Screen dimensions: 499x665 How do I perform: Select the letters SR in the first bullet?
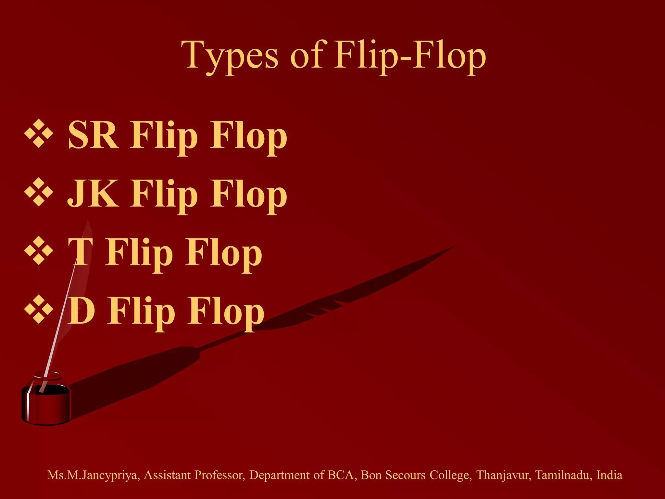pyautogui.click(x=93, y=135)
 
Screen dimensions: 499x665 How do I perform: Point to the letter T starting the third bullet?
pyautogui.click(x=81, y=252)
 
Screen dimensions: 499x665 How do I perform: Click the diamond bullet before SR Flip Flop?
pyautogui.click(x=39, y=134)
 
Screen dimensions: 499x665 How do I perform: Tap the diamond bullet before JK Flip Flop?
pyautogui.click(x=39, y=192)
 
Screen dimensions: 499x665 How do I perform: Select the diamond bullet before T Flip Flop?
pyautogui.click(x=39, y=250)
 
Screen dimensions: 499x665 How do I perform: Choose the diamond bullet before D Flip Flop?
pyautogui.click(x=39, y=309)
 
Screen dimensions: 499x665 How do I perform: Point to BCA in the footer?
pyautogui.click(x=340, y=475)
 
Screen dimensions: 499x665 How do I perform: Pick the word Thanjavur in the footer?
pyautogui.click(x=504, y=475)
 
